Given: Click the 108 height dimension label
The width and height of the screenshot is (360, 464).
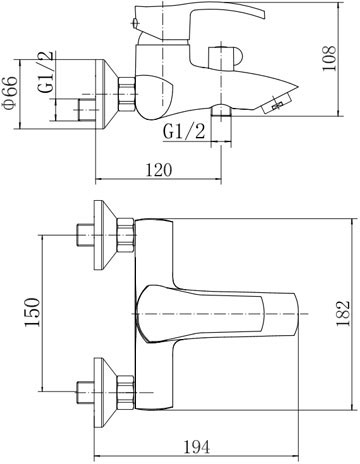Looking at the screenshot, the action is (x=329, y=58).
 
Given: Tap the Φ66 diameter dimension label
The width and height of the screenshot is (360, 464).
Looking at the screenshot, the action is (x=9, y=92).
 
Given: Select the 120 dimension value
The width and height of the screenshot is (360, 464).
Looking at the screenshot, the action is (x=159, y=170).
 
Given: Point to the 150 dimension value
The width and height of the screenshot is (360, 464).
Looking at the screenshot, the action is (x=32, y=312).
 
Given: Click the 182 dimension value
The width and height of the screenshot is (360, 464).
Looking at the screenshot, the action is (x=343, y=314).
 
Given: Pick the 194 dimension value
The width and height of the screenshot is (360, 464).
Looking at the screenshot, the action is (x=197, y=446).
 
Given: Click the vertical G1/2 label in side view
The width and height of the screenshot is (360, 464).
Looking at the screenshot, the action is (x=46, y=72).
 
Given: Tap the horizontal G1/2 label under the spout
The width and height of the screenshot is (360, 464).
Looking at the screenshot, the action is (x=184, y=131).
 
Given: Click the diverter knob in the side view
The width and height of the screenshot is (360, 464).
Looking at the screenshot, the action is (x=226, y=59).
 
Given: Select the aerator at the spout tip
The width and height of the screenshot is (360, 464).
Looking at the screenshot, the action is (x=276, y=103).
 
